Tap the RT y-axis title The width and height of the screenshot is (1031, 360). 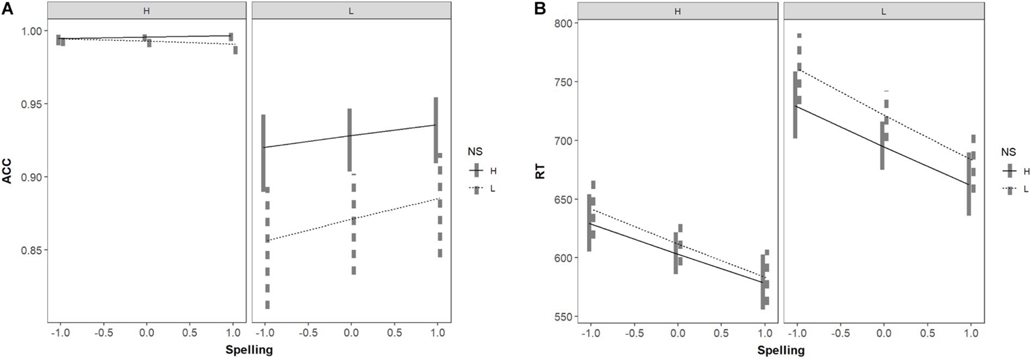541,170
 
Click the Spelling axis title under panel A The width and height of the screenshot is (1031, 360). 248,350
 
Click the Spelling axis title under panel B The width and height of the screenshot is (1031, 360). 781,350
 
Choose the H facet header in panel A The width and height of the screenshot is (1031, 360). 147,10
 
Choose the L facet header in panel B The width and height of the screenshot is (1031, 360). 884,10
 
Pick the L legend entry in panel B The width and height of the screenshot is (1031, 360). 1026,188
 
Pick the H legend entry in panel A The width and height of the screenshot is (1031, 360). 493,171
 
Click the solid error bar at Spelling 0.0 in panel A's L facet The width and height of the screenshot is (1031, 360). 350,140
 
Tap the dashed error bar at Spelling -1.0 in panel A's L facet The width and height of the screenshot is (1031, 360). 268,247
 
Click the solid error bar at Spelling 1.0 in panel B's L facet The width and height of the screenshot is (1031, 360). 969,184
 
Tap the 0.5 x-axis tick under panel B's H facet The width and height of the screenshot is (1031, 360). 721,334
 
